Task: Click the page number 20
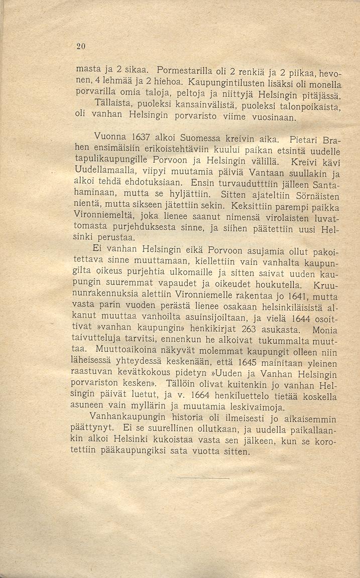82,47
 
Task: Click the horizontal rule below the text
203,478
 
